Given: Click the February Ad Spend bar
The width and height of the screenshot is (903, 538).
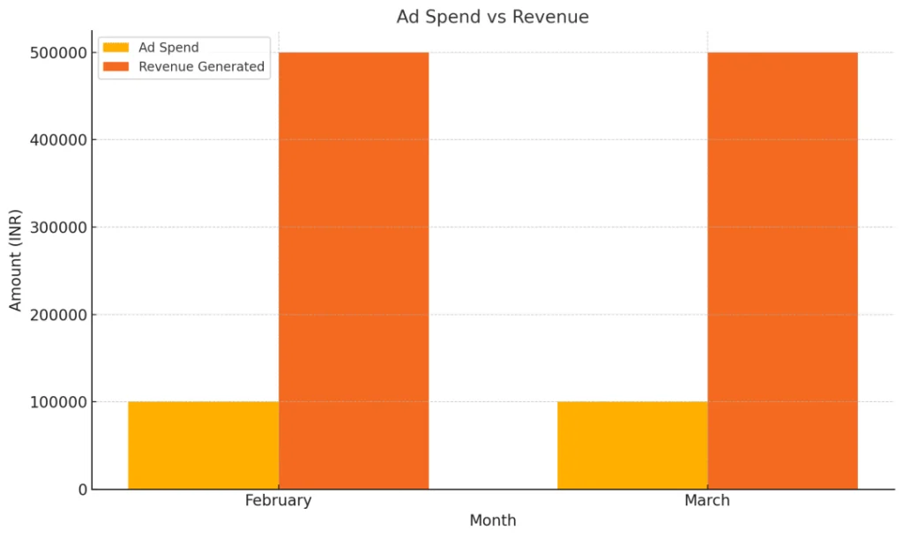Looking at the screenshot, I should pyautogui.click(x=203, y=445).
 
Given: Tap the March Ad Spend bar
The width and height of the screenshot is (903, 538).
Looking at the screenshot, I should pyautogui.click(x=632, y=445).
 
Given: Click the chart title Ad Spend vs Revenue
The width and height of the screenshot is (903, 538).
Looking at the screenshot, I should pyautogui.click(x=492, y=17).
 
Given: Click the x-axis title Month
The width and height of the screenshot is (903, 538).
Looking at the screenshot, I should pyautogui.click(x=492, y=520).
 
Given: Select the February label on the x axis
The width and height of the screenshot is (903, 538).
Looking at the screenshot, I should pyautogui.click(x=278, y=501).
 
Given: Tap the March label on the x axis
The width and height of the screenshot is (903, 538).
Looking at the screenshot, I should pyautogui.click(x=707, y=501).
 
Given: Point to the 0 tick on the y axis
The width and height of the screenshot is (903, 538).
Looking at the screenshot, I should pyautogui.click(x=82, y=489).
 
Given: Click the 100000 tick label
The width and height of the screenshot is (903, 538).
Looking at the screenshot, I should pyautogui.click(x=57, y=402).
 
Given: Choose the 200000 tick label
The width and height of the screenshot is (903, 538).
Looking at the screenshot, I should pyautogui.click(x=57, y=315).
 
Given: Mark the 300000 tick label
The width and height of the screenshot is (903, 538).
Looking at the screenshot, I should pyautogui.click(x=57, y=228).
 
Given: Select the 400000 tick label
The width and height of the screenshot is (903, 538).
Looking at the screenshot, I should pyautogui.click(x=57, y=140).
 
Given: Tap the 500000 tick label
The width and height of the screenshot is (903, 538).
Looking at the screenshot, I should pyautogui.click(x=57, y=53).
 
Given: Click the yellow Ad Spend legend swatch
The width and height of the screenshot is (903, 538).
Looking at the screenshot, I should pyautogui.click(x=116, y=48).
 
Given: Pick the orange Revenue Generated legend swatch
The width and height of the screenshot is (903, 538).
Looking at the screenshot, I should pyautogui.click(x=116, y=66).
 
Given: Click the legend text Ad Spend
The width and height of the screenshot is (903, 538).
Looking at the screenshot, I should pyautogui.click(x=168, y=48).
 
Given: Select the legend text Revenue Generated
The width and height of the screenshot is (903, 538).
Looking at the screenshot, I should pyautogui.click(x=201, y=66).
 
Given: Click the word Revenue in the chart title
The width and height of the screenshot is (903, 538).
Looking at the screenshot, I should pyautogui.click(x=555, y=17).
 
